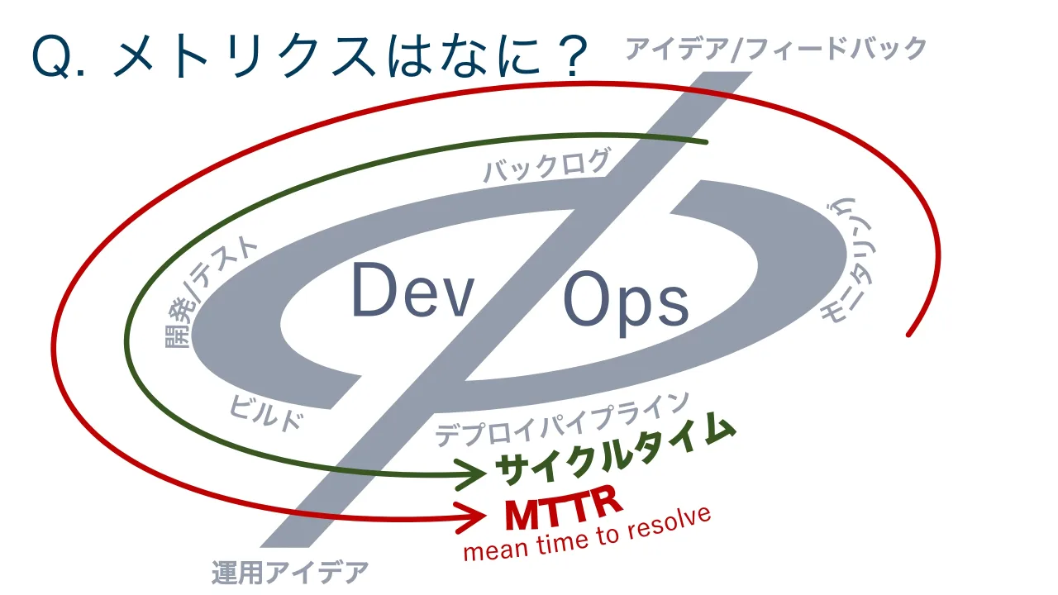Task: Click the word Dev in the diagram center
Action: [412, 290]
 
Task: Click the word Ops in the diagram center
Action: [626, 303]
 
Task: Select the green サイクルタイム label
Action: [615, 450]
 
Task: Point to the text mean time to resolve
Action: [587, 535]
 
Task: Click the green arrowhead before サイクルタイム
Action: [471, 474]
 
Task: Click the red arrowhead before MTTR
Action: [471, 516]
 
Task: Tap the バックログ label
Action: [547, 165]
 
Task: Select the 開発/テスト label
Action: [207, 293]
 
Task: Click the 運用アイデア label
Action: [290, 573]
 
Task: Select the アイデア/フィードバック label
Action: [776, 49]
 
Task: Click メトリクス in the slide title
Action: [245, 57]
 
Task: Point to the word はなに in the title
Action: [463, 57]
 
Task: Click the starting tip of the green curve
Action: [706, 141]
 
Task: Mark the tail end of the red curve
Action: [908, 335]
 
